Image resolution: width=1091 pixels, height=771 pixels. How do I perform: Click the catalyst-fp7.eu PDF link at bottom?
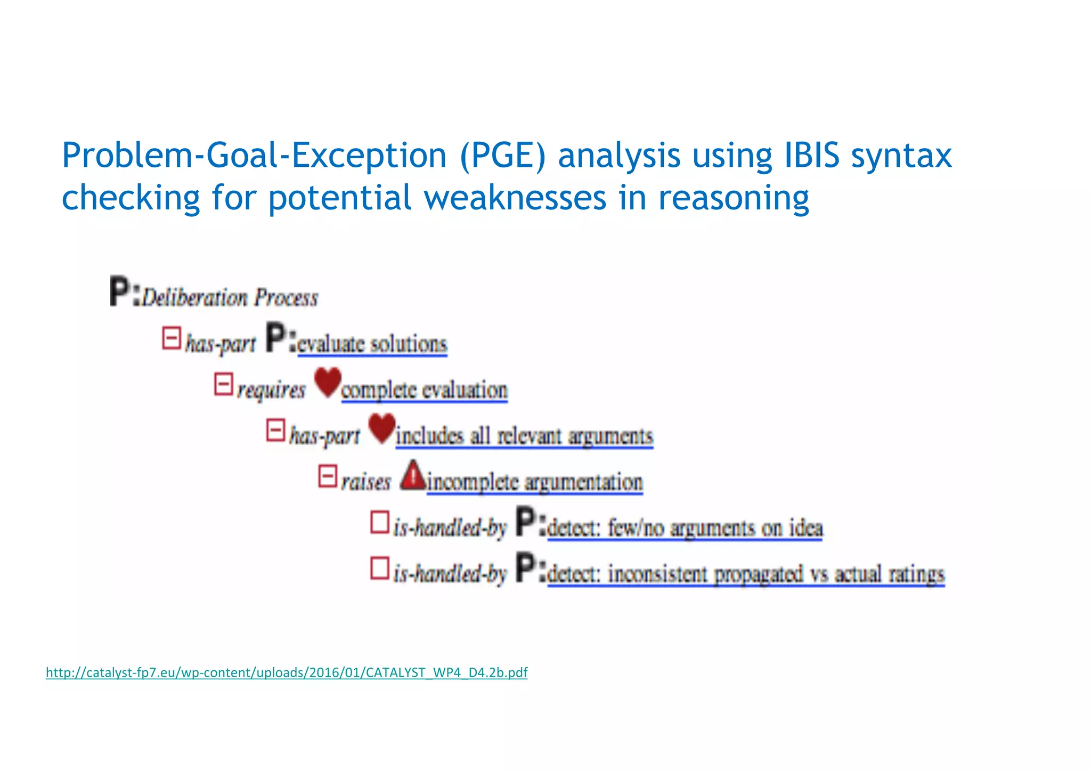pos(287,672)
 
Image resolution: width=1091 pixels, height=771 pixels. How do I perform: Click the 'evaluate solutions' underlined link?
pos(372,344)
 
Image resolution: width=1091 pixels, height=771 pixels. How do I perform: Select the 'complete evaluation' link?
pos(424,390)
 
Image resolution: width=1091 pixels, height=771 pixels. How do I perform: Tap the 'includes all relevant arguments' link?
pos(524,436)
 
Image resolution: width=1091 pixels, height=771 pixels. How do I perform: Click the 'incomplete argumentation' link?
pos(535,482)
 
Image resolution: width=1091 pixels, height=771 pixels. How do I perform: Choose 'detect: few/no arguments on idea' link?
pos(685,528)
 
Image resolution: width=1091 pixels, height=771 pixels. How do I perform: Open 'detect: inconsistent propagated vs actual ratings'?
pos(746,574)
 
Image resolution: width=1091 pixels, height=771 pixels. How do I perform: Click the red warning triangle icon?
pos(413,476)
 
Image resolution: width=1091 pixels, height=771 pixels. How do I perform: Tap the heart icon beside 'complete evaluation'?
pos(327,382)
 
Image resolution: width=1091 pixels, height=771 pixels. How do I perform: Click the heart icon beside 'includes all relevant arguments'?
pos(382,428)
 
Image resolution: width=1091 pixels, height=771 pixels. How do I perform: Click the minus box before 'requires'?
pos(224,384)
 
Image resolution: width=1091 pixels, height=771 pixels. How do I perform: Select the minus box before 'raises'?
pos(328,476)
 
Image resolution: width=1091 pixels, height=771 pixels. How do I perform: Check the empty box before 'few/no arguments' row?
pos(380,522)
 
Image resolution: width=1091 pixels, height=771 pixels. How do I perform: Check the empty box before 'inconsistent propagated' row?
pos(380,568)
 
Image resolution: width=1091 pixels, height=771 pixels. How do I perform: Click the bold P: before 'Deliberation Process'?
pos(125,291)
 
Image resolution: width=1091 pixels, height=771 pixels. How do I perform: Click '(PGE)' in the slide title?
pos(502,156)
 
